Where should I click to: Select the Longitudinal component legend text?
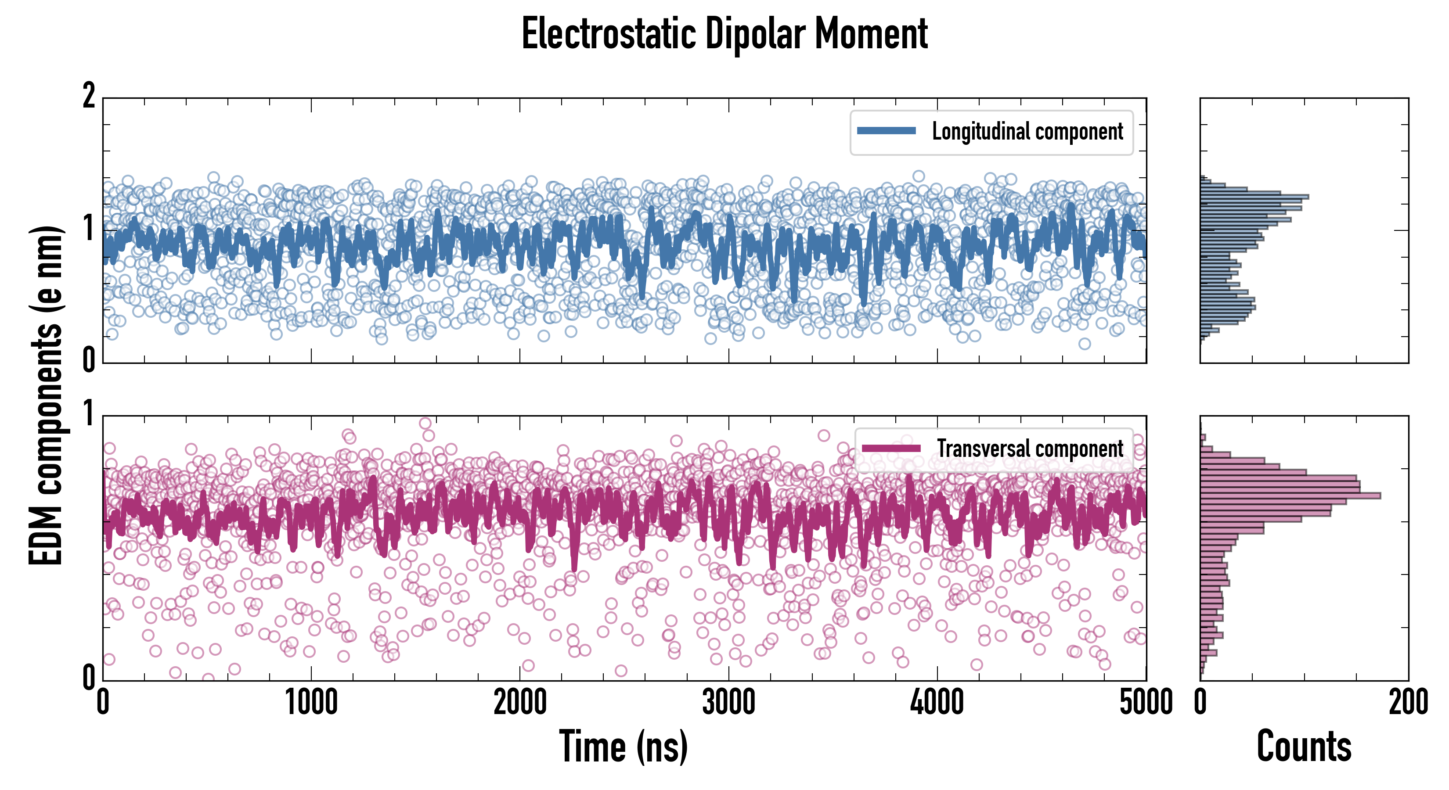pyautogui.click(x=1027, y=132)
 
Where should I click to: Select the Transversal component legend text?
pyautogui.click(x=1030, y=449)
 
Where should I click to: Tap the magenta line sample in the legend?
pyautogui.click(x=891, y=448)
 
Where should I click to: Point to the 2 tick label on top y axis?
pyautogui.click(x=89, y=96)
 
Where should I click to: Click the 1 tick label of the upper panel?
pyautogui.click(x=89, y=228)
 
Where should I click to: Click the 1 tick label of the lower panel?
pyautogui.click(x=89, y=414)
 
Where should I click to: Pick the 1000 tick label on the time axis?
pyautogui.click(x=311, y=703)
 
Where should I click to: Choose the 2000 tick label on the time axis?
pyautogui.click(x=520, y=703)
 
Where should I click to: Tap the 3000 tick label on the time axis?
pyautogui.click(x=728, y=703)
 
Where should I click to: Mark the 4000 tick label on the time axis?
pyautogui.click(x=937, y=703)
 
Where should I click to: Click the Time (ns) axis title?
pyautogui.click(x=623, y=747)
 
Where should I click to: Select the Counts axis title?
pyautogui.click(x=1304, y=747)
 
